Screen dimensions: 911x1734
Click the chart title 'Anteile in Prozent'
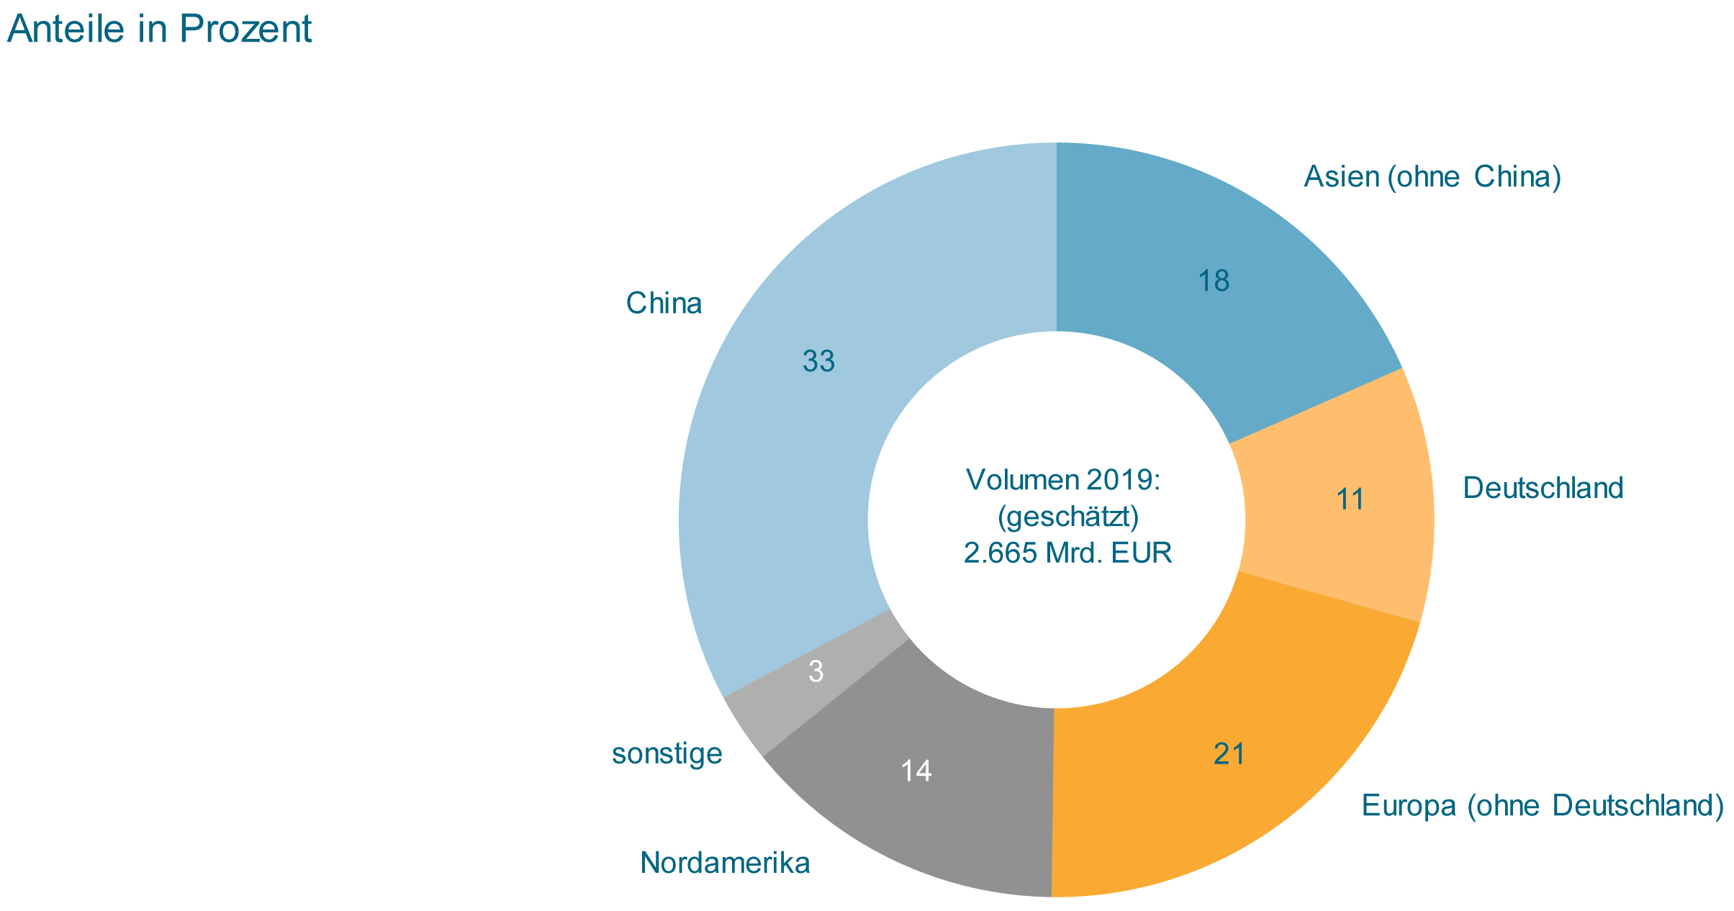coord(159,30)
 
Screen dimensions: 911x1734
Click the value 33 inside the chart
coord(818,362)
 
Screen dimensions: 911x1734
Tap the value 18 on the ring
coord(1214,281)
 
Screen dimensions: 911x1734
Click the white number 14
coord(916,771)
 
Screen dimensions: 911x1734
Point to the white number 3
coord(816,672)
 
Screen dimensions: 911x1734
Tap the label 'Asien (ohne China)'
coord(1432,177)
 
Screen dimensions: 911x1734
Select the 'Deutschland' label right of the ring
coord(1543,489)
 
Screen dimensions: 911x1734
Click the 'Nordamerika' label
coord(725,863)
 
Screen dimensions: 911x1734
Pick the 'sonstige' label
coord(667,753)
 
